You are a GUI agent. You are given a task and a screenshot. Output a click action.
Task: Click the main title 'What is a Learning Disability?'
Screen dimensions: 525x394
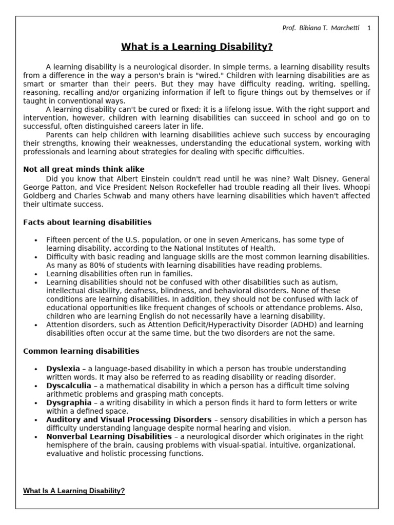coord(196,48)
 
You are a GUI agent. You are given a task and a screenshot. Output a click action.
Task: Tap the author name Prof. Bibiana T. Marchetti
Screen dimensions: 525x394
coord(321,28)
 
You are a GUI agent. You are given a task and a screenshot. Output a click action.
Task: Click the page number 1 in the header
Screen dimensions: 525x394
coord(369,28)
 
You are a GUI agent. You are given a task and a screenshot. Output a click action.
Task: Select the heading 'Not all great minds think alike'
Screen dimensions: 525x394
coord(84,169)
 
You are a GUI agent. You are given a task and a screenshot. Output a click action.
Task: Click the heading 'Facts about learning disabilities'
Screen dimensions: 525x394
coord(87,222)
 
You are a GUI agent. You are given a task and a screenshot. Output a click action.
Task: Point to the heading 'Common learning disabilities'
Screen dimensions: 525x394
coord(81,351)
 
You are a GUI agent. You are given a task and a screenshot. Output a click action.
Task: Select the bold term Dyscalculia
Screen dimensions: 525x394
coord(69,386)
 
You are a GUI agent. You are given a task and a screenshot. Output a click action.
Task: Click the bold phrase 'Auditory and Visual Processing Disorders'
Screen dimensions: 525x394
coord(129,419)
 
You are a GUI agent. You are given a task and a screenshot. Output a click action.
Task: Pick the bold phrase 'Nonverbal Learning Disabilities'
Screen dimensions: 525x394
coord(109,436)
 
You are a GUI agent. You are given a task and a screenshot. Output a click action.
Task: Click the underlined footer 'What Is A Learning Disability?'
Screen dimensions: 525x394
coord(74,491)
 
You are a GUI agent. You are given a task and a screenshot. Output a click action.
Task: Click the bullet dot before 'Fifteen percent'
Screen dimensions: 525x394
coord(36,240)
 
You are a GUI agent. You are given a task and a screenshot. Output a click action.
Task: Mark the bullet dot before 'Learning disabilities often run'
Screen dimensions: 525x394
coord(36,274)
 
